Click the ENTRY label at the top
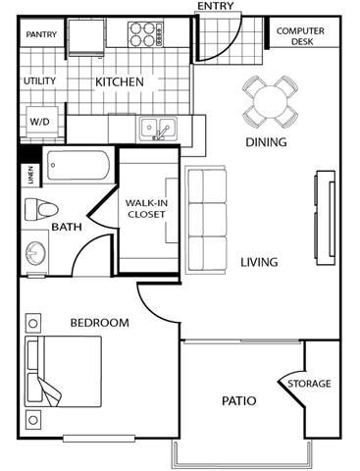(x=217, y=7)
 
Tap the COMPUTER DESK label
(x=300, y=37)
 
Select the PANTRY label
(x=41, y=35)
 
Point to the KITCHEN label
(x=119, y=82)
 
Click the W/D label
(x=38, y=122)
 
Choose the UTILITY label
(x=40, y=82)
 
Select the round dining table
(x=268, y=99)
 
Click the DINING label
(x=266, y=142)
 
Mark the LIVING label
(x=259, y=262)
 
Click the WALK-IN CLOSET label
(x=145, y=207)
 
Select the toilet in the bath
(x=41, y=208)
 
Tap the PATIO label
(x=238, y=400)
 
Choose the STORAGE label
(x=309, y=384)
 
